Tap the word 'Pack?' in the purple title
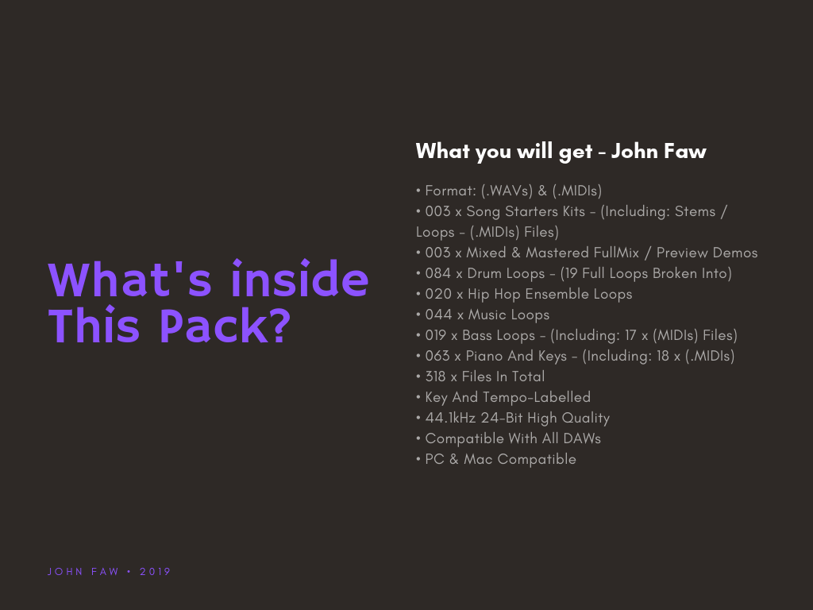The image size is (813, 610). click(x=225, y=325)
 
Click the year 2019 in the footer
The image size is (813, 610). click(x=156, y=572)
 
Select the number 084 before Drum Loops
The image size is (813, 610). click(x=438, y=273)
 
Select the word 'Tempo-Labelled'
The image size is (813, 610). click(x=537, y=397)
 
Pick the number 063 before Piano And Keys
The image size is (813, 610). click(x=437, y=357)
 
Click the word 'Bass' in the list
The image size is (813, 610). click(x=477, y=336)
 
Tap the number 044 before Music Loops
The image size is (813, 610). click(x=438, y=315)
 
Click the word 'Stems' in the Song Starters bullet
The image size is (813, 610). click(x=695, y=211)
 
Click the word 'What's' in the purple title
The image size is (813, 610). click(x=130, y=279)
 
